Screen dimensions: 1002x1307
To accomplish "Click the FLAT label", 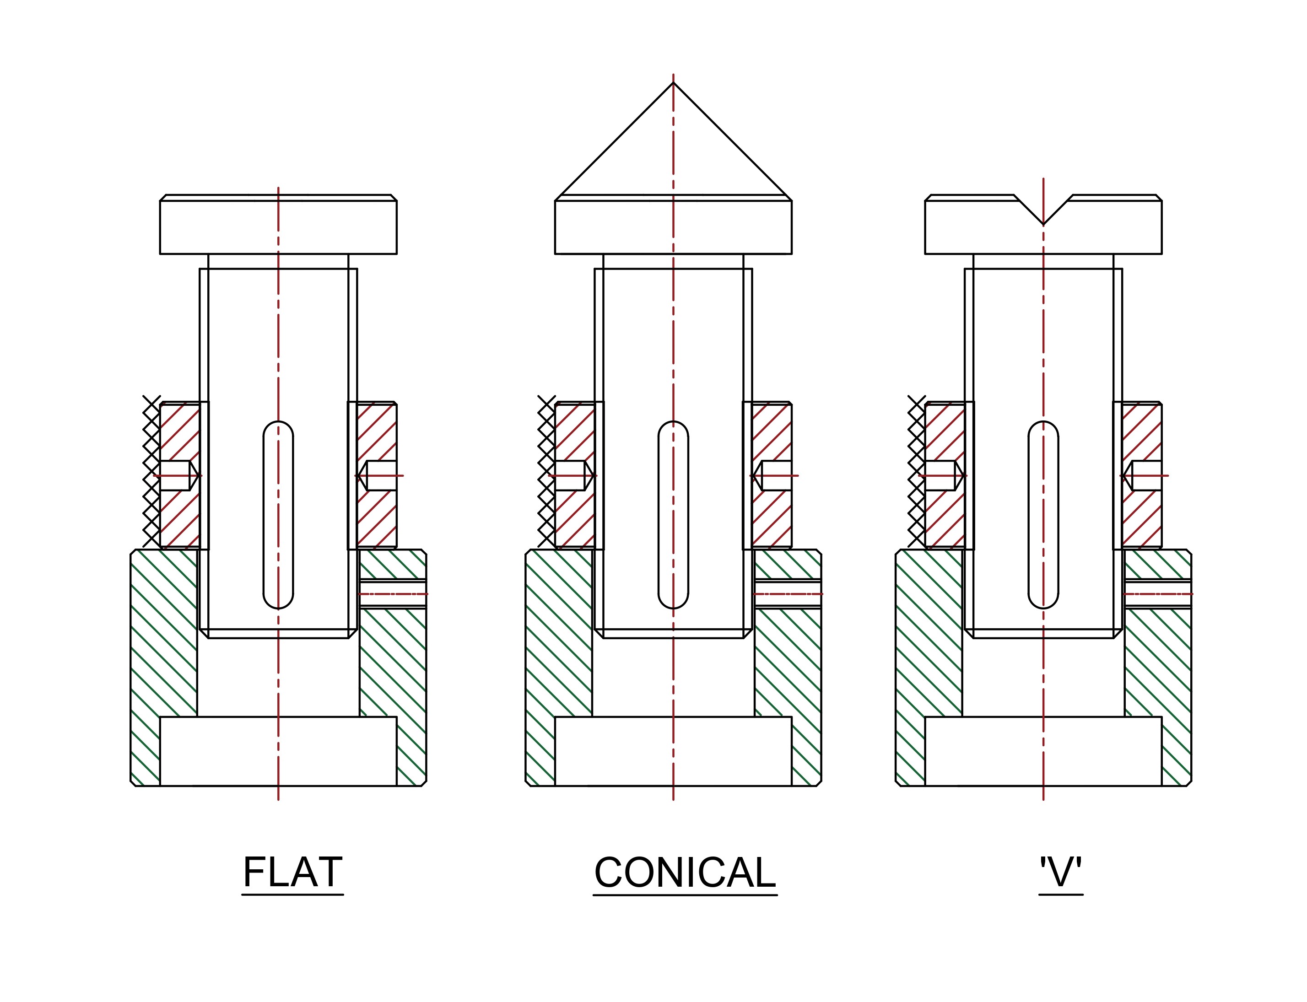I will pos(292,873).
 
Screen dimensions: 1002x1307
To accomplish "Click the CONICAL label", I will pos(685,873).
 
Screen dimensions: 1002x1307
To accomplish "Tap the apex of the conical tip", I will pos(674,83).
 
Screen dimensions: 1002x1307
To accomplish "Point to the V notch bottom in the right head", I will pos(1043,223).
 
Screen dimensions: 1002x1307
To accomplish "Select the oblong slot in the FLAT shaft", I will pos(278,515).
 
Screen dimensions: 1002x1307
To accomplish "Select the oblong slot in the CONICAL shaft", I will pos(674,515).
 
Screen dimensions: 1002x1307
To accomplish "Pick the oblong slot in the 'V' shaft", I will pos(1043,515).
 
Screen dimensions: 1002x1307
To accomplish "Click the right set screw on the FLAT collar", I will pos(379,475).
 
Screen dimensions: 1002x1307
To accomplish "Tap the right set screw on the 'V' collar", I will pos(1144,475).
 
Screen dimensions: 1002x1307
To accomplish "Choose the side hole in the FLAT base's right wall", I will pos(393,594).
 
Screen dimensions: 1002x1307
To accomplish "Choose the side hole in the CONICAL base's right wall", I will pos(788,594).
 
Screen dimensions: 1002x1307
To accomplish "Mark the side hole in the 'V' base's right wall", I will pos(1158,594).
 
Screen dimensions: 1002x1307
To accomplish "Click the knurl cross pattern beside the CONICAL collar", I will pos(546,471).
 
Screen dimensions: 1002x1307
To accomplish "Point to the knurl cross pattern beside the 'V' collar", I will pos(916,471).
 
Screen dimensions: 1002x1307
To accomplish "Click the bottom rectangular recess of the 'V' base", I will pos(1043,751).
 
